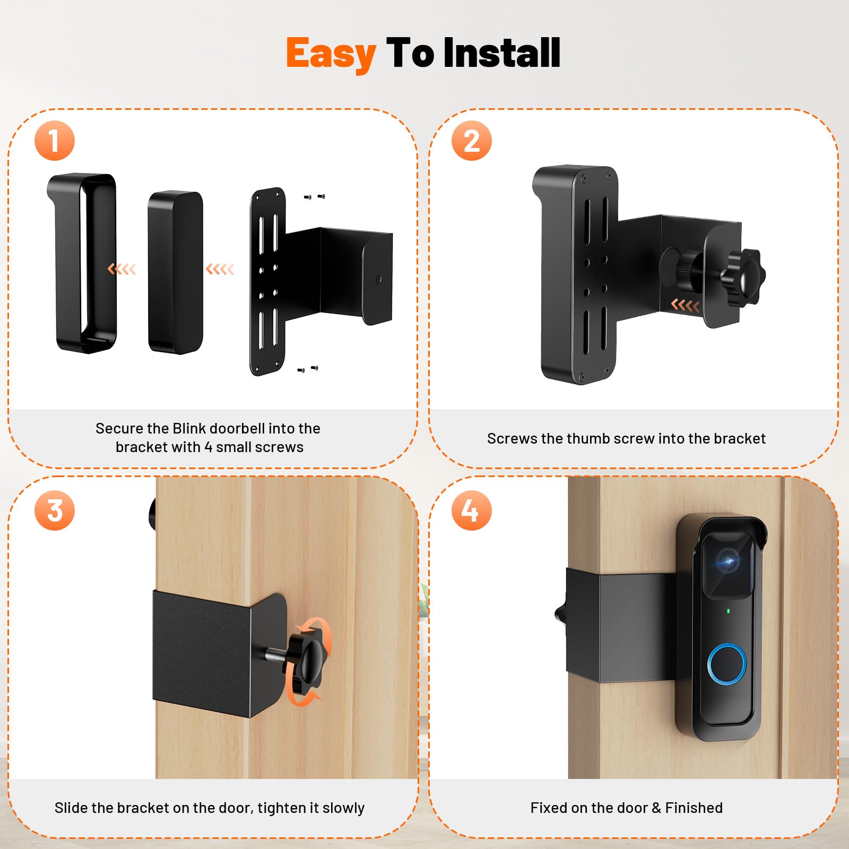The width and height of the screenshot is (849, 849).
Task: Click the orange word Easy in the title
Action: pos(331,54)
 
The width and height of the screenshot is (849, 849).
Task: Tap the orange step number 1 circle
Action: pos(55,141)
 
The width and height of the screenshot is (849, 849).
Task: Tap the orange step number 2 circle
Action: pos(471,141)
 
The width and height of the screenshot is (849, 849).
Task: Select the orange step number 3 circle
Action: pos(55,510)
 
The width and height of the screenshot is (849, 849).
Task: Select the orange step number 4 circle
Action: pos(471,510)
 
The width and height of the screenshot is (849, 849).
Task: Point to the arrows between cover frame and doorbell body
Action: pos(122,269)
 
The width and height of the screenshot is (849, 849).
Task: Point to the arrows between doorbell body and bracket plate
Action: pos(220,269)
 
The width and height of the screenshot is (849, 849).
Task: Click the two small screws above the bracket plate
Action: pos(314,197)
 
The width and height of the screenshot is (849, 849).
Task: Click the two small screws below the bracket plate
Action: pos(308,368)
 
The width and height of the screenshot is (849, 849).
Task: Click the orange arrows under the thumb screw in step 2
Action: pos(685,305)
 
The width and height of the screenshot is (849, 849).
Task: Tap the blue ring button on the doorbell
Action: pos(726,663)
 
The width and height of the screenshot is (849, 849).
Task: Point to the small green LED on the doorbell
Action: pos(728,611)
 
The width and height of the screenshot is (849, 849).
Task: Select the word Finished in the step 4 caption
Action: pos(694,808)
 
